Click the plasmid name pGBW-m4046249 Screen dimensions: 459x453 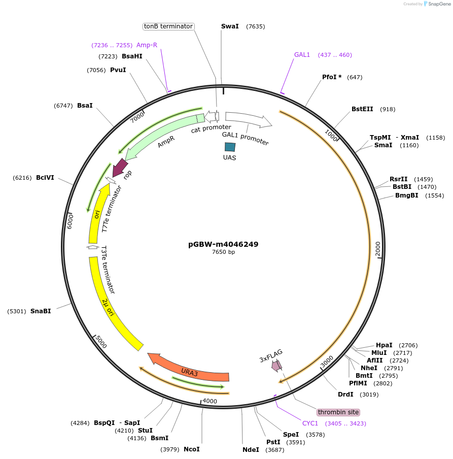(x=223, y=244)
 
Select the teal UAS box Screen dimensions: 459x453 (x=230, y=147)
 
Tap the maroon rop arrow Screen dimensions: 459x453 (x=120, y=166)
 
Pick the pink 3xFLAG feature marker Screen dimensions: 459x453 (x=276, y=365)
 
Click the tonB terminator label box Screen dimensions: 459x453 (x=168, y=26)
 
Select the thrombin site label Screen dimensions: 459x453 (x=338, y=412)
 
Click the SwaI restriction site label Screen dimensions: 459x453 (x=230, y=26)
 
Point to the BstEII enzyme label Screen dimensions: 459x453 (x=362, y=109)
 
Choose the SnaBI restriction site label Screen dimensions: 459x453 (x=41, y=311)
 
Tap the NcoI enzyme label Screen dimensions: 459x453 (x=191, y=449)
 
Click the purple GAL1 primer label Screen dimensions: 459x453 (x=302, y=55)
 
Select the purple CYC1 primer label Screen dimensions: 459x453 (x=310, y=423)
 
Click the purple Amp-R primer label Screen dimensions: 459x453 (x=147, y=45)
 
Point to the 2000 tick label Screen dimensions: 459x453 (x=377, y=249)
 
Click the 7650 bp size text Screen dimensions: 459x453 (x=223, y=252)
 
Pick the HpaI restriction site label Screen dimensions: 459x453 (x=384, y=345)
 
